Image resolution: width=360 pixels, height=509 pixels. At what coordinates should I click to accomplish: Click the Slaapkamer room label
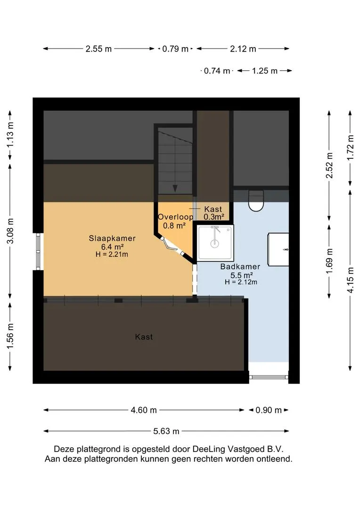point(112,238)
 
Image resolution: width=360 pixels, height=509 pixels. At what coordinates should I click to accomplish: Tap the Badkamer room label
point(240,266)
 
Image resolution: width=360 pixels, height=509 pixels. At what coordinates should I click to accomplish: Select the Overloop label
point(175,217)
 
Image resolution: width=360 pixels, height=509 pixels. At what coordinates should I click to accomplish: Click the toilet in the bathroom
point(256,201)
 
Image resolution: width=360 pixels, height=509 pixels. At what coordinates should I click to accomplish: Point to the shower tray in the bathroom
point(215,243)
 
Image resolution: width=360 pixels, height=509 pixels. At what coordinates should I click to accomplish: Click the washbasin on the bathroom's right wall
point(278,249)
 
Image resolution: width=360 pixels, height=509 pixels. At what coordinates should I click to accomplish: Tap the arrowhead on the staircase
point(175,188)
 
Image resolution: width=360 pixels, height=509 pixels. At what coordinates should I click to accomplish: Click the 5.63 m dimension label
point(166,431)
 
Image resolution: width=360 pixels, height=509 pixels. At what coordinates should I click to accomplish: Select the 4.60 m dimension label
point(144,410)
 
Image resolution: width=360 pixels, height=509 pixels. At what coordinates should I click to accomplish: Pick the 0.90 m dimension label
point(269,410)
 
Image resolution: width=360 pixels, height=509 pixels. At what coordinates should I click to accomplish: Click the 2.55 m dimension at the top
point(98,49)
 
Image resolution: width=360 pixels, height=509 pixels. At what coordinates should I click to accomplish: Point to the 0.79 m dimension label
point(175,49)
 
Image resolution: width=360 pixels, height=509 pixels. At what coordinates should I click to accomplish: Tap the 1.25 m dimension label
point(265,71)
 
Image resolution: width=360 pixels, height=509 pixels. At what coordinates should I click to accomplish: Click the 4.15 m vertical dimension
point(350,280)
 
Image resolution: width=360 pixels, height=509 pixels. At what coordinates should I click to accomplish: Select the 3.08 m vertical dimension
point(10,231)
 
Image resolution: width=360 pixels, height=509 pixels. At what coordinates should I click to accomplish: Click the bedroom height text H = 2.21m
point(112,254)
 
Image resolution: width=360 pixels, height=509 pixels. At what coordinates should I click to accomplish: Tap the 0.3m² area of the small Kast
point(214,217)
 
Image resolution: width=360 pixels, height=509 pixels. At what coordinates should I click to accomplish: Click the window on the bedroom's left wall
point(38,252)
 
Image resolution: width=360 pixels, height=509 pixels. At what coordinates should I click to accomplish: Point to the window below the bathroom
point(269,377)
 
